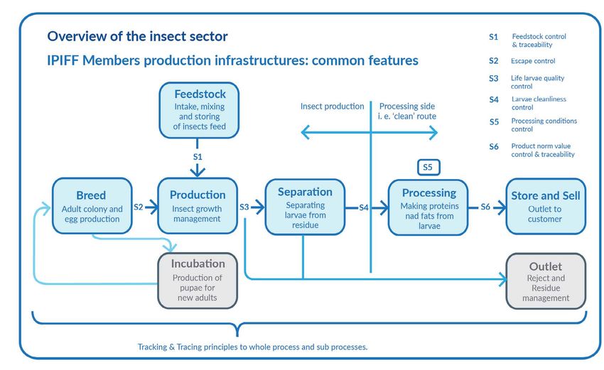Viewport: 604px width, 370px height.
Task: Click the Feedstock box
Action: [199, 110]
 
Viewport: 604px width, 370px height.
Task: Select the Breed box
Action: [92, 206]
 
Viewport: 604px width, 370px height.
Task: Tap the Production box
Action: [198, 206]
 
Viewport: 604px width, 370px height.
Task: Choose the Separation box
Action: [305, 207]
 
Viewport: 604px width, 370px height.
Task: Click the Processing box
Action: [428, 207]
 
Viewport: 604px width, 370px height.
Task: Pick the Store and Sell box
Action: [546, 206]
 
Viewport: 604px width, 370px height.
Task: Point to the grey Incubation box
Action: [198, 281]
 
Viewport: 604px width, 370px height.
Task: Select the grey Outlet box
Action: [546, 281]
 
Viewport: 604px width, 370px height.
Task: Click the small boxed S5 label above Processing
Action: [428, 168]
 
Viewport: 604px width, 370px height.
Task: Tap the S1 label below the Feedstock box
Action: [198, 157]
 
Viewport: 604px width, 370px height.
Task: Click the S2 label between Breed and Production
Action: [139, 207]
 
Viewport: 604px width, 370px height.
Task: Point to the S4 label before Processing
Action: [364, 208]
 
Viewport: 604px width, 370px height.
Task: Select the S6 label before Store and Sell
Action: [485, 207]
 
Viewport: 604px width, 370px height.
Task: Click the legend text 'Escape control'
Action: [533, 61]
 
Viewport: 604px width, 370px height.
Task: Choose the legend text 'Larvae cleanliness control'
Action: [539, 103]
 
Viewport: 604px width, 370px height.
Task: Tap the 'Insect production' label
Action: [332, 107]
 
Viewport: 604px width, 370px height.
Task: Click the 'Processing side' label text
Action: [407, 107]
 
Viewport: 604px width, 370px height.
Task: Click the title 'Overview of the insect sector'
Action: [138, 37]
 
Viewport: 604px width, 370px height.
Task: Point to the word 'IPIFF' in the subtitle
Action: [63, 60]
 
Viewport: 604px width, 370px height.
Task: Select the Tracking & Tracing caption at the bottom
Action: [253, 347]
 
